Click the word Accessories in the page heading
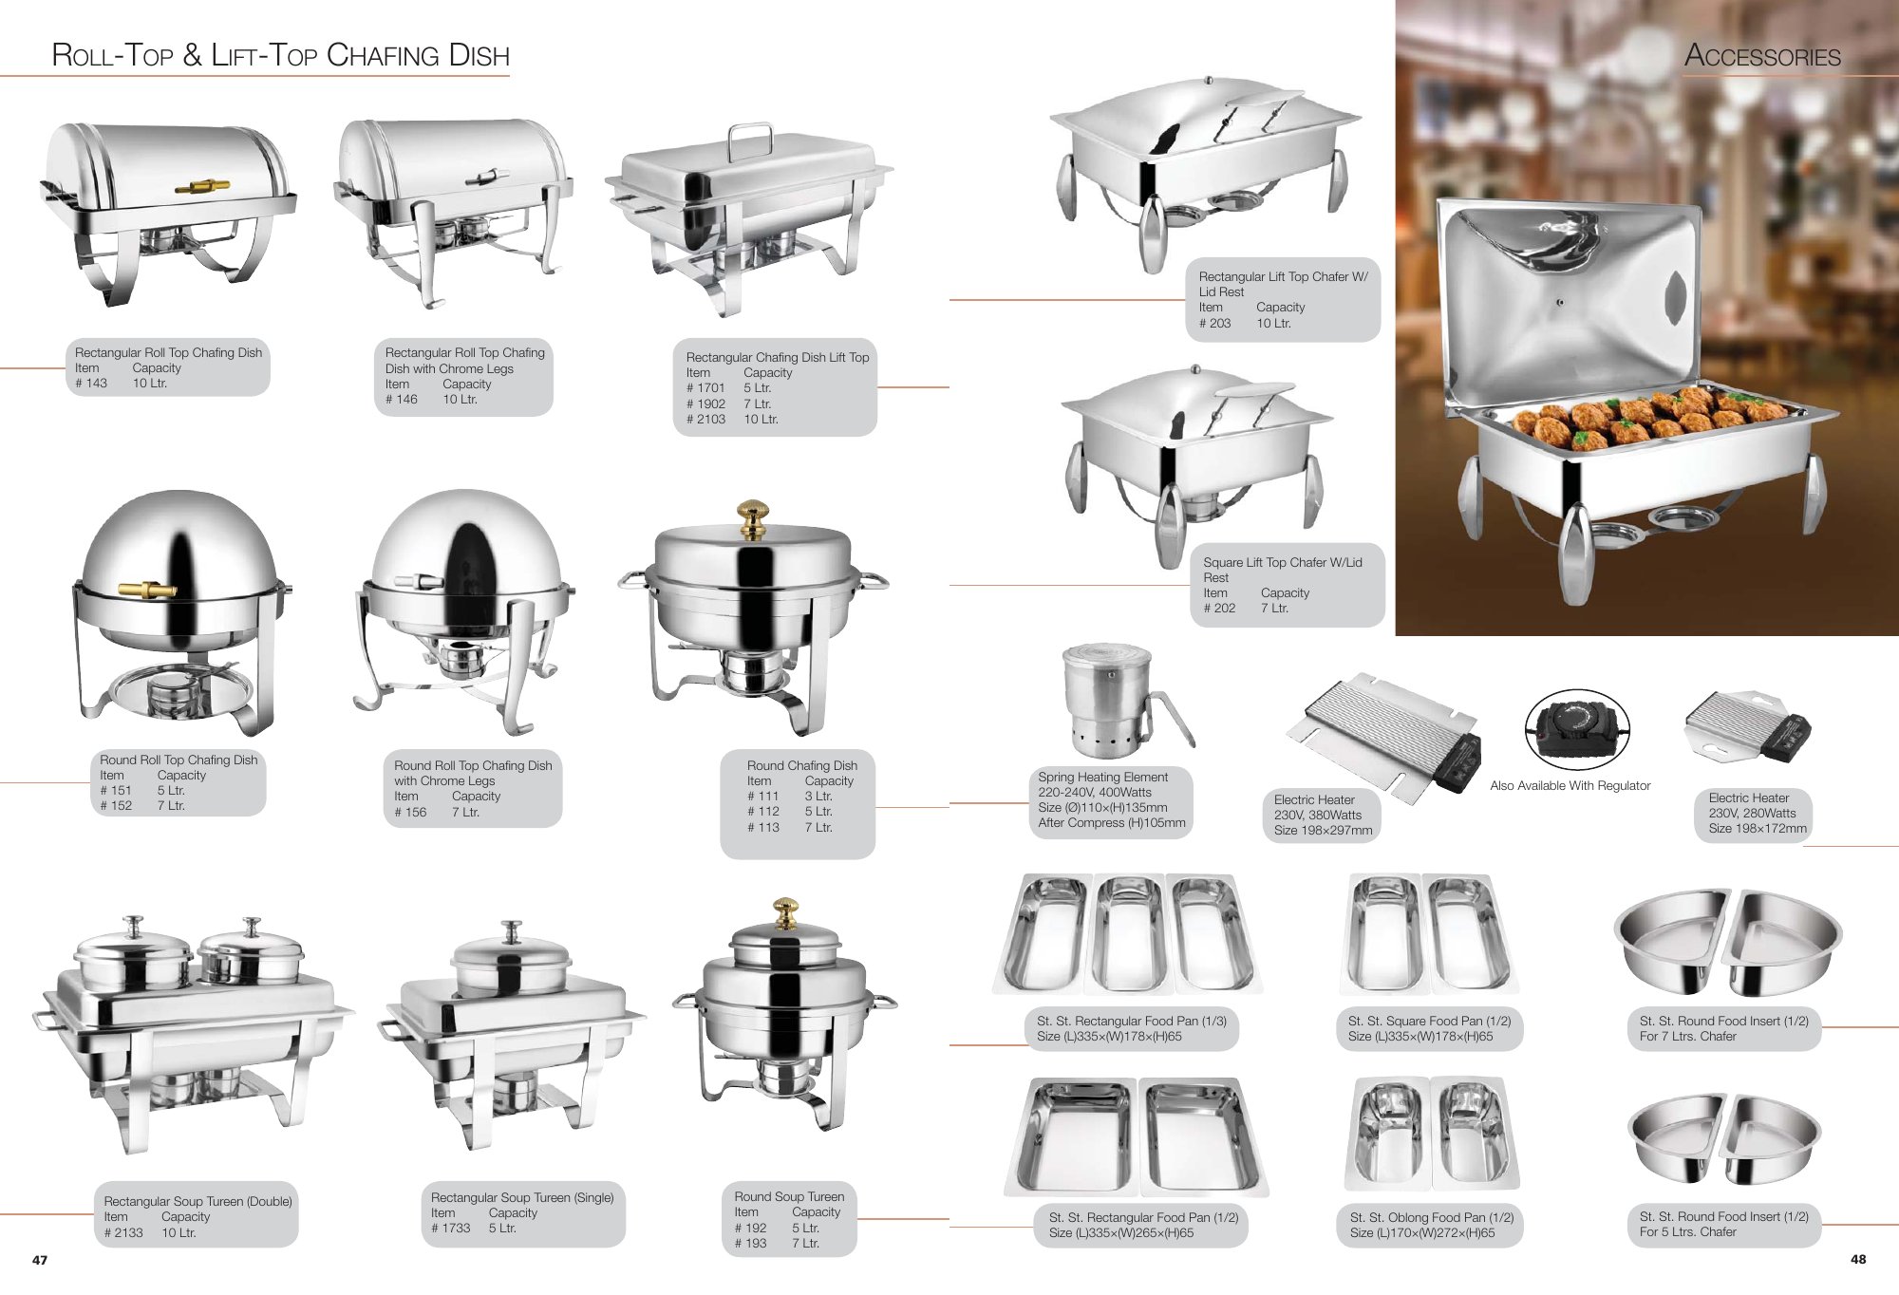[x=1762, y=56]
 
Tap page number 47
[x=40, y=1260]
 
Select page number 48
[x=1858, y=1259]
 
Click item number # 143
[x=91, y=384]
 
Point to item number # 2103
[x=705, y=419]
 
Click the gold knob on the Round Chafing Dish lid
[x=753, y=518]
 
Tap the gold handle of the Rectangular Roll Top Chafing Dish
[x=202, y=184]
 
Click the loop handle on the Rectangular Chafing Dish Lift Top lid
[x=749, y=141]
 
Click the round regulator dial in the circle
[x=1576, y=729]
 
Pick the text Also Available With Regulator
[x=1570, y=785]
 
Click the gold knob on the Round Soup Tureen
[x=785, y=912]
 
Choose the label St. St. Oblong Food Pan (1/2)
[x=1432, y=1217]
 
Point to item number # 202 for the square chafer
[x=1219, y=608]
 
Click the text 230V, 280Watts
[x=1752, y=813]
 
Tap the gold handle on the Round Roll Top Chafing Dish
[x=147, y=590]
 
